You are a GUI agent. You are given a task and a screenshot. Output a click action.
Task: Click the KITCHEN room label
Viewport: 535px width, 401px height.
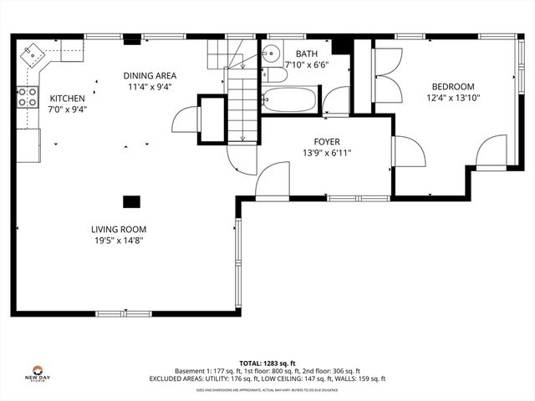pos(68,98)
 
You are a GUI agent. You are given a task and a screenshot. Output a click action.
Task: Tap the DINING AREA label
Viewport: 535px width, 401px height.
pos(151,75)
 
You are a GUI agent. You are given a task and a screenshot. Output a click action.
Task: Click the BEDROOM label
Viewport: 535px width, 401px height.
pos(453,86)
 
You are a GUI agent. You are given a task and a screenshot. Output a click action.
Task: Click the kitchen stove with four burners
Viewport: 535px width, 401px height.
pos(28,97)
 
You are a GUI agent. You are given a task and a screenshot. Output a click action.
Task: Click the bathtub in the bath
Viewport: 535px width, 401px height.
pos(289,100)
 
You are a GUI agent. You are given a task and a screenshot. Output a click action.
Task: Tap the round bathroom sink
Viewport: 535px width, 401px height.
pos(270,55)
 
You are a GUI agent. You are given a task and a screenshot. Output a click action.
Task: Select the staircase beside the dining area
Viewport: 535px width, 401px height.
pos(242,104)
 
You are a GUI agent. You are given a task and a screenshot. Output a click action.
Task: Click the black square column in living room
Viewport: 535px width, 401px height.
pos(131,201)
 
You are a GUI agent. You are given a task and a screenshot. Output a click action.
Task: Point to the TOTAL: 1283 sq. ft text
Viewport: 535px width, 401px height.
pos(267,363)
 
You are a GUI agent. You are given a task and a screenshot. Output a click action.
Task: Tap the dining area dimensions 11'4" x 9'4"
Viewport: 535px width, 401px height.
pos(151,86)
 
